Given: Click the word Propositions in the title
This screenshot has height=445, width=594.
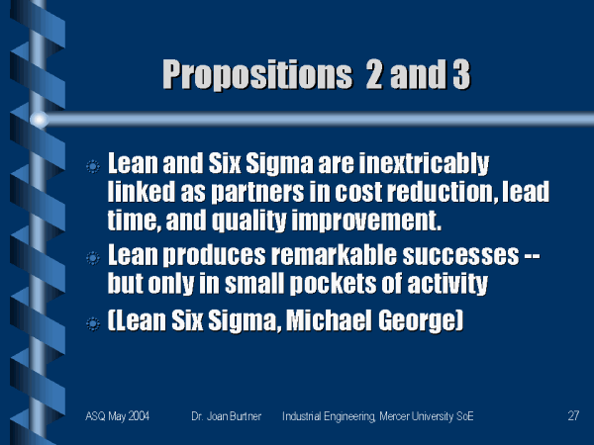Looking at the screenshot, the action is tap(257, 74).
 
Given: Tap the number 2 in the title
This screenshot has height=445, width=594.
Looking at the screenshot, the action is tap(374, 74).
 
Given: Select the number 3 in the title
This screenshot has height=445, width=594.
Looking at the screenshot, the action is tap(461, 74).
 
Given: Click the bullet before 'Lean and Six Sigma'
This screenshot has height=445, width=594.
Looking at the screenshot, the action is tap(93, 166).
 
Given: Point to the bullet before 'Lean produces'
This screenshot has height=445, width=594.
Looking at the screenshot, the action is tap(93, 258).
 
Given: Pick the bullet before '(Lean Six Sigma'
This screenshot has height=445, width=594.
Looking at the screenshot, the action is tap(93, 324).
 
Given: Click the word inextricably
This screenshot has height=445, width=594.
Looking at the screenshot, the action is tap(424, 164).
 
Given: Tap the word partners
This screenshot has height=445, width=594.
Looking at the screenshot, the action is tap(257, 192).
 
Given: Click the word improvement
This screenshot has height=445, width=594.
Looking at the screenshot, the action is tap(366, 221).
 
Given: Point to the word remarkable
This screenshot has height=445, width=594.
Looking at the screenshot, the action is tap(335, 255).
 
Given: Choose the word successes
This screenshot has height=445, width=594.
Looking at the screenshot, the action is tap(460, 255).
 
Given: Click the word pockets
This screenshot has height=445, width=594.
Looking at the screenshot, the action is tap(333, 283).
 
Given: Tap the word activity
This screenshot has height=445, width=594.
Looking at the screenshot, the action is tap(447, 284).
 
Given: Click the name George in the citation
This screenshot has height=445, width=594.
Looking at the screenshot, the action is tap(421, 320).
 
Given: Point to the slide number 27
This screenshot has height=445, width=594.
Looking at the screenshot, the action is tap(573, 415).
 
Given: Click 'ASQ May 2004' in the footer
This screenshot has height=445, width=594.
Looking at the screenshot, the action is tap(118, 416).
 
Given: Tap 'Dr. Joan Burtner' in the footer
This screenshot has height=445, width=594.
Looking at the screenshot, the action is tap(226, 416).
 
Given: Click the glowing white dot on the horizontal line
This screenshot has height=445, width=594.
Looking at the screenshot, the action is tap(39, 120).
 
